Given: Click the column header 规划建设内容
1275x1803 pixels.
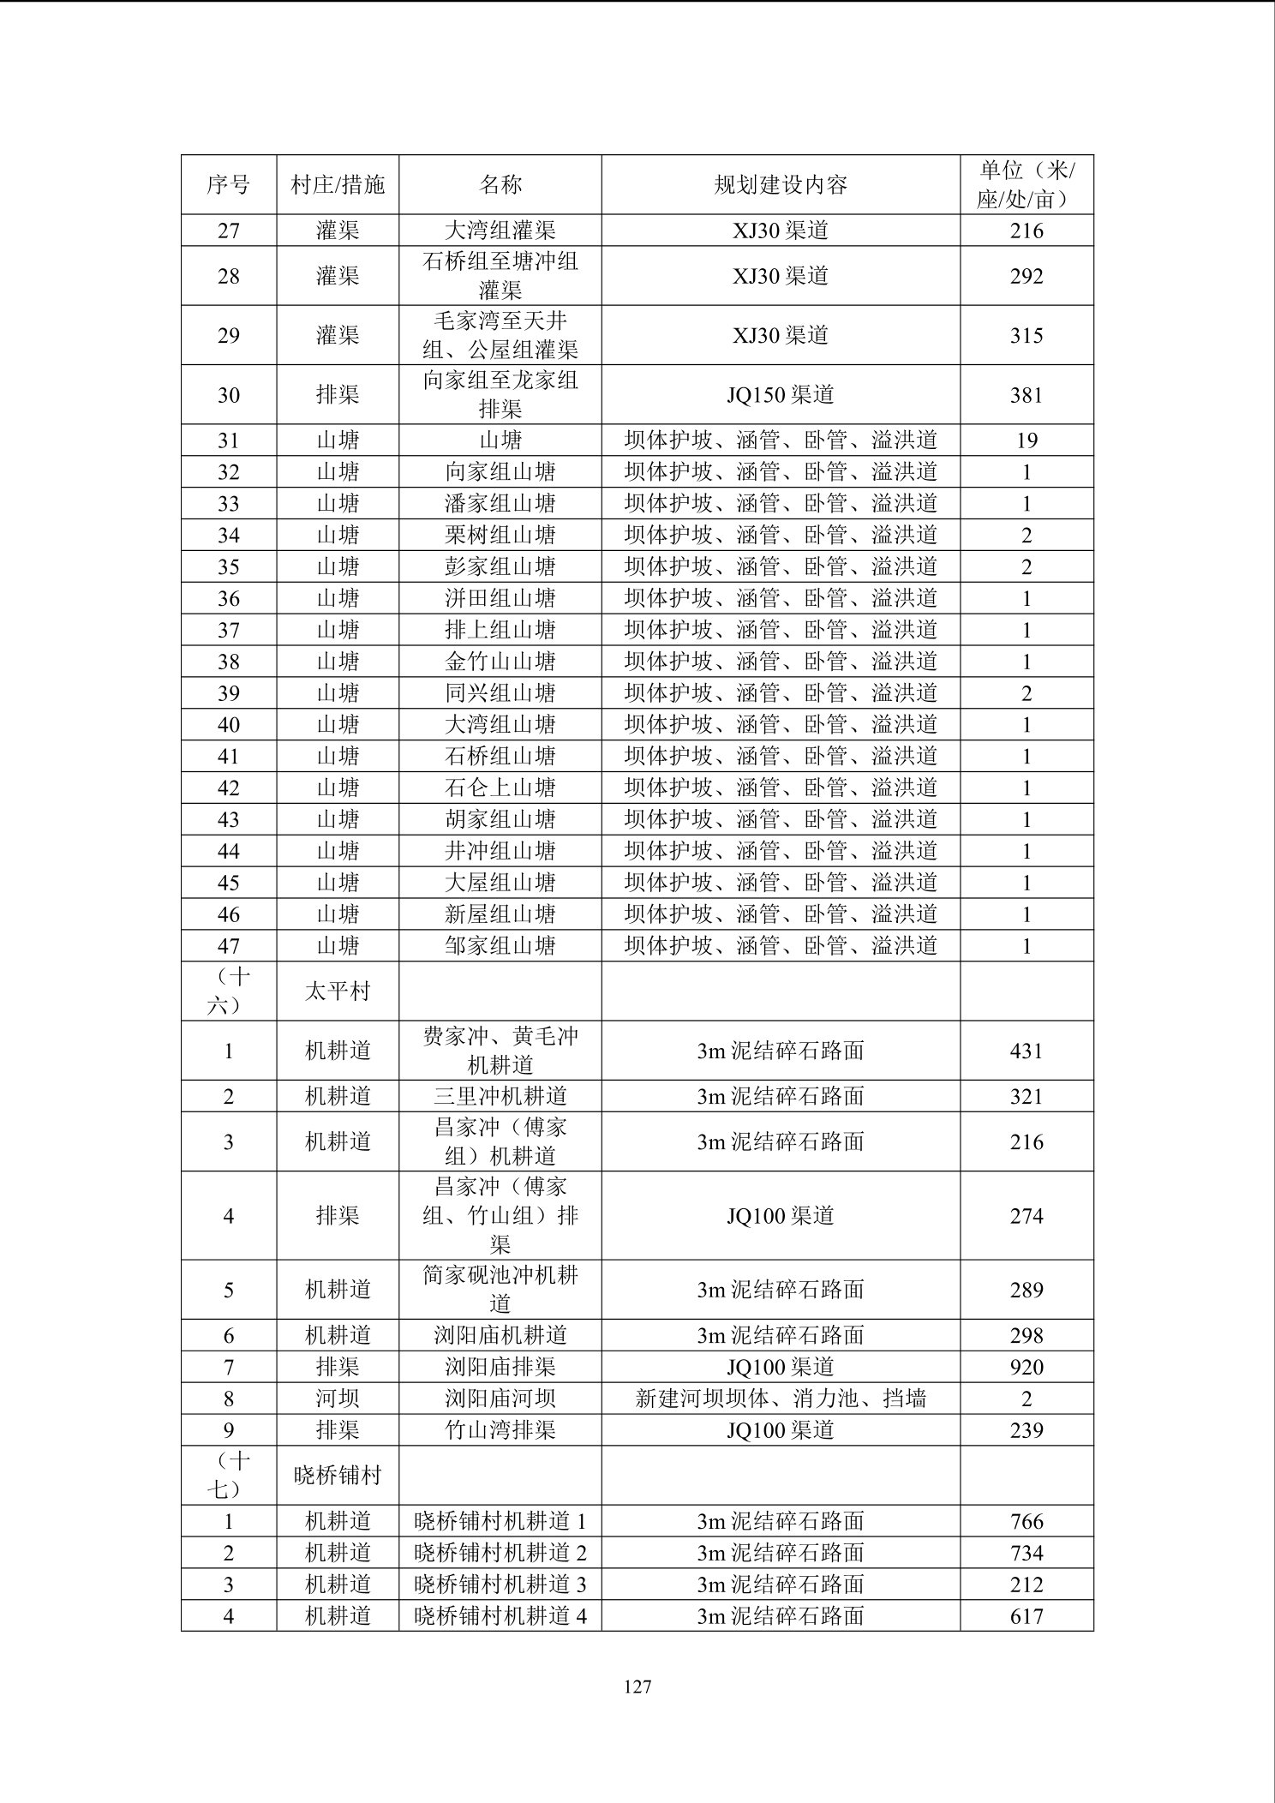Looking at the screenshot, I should [x=780, y=184].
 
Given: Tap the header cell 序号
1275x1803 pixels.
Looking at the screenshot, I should [x=228, y=184].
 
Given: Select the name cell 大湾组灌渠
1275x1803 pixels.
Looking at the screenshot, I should [x=500, y=231].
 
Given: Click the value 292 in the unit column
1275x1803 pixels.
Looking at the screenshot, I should [x=1026, y=276].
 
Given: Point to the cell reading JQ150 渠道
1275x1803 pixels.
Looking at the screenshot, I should [x=780, y=395].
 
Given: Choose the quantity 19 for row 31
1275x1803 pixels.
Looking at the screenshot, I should [x=1026, y=440].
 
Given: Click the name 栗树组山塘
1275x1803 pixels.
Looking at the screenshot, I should [x=500, y=536].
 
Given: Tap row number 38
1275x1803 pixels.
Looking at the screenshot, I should [x=228, y=662].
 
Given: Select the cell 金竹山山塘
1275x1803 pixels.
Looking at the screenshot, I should [x=500, y=662].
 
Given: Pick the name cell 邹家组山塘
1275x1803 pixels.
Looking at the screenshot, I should [x=500, y=946].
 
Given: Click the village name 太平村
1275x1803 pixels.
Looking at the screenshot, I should [x=337, y=991].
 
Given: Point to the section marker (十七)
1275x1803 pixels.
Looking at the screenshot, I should [x=228, y=1475].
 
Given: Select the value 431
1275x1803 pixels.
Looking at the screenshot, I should [x=1026, y=1051].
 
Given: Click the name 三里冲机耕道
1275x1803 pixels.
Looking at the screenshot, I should [x=500, y=1097].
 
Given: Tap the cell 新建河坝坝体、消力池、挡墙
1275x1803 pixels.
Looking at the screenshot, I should [x=780, y=1399].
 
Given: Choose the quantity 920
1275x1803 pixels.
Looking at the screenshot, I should [x=1026, y=1368].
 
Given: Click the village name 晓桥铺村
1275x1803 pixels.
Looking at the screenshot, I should [x=337, y=1476].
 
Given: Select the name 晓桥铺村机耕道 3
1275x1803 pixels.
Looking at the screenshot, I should [x=500, y=1584].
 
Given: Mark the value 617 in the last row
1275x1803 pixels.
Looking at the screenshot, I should [x=1026, y=1616].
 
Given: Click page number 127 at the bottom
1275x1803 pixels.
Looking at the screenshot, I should [x=637, y=1686].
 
